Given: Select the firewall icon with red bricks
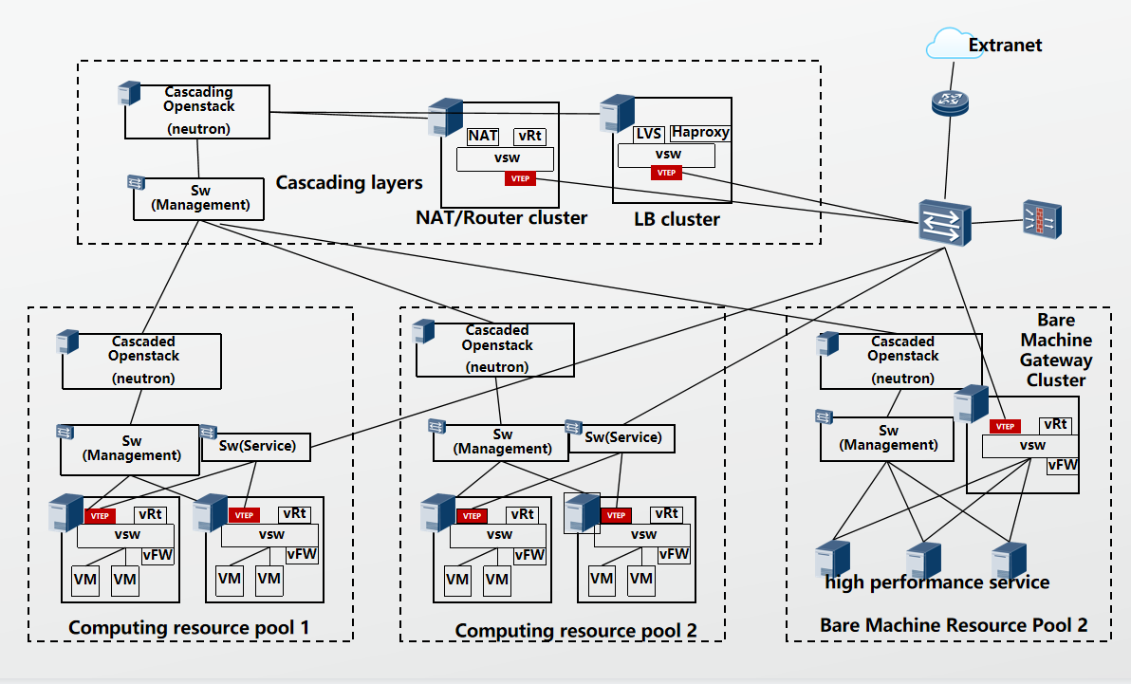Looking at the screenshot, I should pyautogui.click(x=1043, y=219).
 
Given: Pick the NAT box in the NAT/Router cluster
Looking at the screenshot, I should pyautogui.click(x=483, y=137).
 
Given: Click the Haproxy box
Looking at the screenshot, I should pyautogui.click(x=700, y=133).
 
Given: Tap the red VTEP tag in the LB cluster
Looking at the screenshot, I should pyautogui.click(x=666, y=173).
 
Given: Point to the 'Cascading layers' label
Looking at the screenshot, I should pyautogui.click(x=349, y=182).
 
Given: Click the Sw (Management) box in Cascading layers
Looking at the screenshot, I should pyautogui.click(x=199, y=198).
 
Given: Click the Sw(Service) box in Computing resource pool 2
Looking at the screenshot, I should pyautogui.click(x=622, y=437).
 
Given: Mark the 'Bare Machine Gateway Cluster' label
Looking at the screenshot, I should pyautogui.click(x=1055, y=350).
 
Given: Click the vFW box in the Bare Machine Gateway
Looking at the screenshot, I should pyautogui.click(x=1062, y=465).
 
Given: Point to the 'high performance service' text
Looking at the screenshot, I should pyautogui.click(x=936, y=582).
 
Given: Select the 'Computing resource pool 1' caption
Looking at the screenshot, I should pyautogui.click(x=189, y=628).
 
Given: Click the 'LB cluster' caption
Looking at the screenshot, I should pyautogui.click(x=677, y=219).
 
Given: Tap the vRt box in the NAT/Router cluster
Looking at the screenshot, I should pyautogui.click(x=529, y=137).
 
